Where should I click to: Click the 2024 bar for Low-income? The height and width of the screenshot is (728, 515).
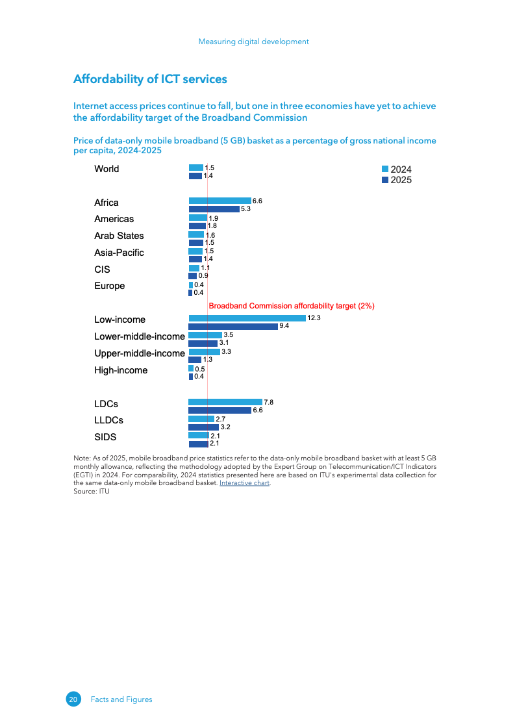click(x=247, y=318)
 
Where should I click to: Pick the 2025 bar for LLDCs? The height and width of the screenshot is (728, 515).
click(x=203, y=427)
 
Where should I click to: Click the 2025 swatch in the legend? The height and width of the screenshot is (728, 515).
click(x=385, y=180)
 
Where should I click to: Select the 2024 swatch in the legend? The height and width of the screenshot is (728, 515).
click(x=385, y=169)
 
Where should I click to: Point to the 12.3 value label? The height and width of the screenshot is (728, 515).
click(x=314, y=318)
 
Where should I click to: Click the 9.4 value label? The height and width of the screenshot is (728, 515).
click(x=284, y=326)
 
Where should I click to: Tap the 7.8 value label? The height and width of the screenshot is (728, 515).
click(x=268, y=402)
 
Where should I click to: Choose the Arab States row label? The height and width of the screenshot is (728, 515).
click(x=119, y=236)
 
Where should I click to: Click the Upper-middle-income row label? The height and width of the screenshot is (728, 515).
click(x=140, y=353)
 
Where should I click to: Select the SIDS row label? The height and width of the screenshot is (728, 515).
click(x=105, y=437)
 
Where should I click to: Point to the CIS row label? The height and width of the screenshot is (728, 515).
click(x=102, y=270)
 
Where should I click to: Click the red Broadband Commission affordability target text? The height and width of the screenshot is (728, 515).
click(x=292, y=305)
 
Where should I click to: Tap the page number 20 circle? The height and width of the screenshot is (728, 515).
click(x=73, y=699)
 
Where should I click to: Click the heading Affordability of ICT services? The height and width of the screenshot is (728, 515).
click(x=150, y=79)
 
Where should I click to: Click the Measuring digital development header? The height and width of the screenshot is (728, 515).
click(x=253, y=42)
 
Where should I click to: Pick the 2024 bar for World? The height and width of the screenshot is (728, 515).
click(x=195, y=168)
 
